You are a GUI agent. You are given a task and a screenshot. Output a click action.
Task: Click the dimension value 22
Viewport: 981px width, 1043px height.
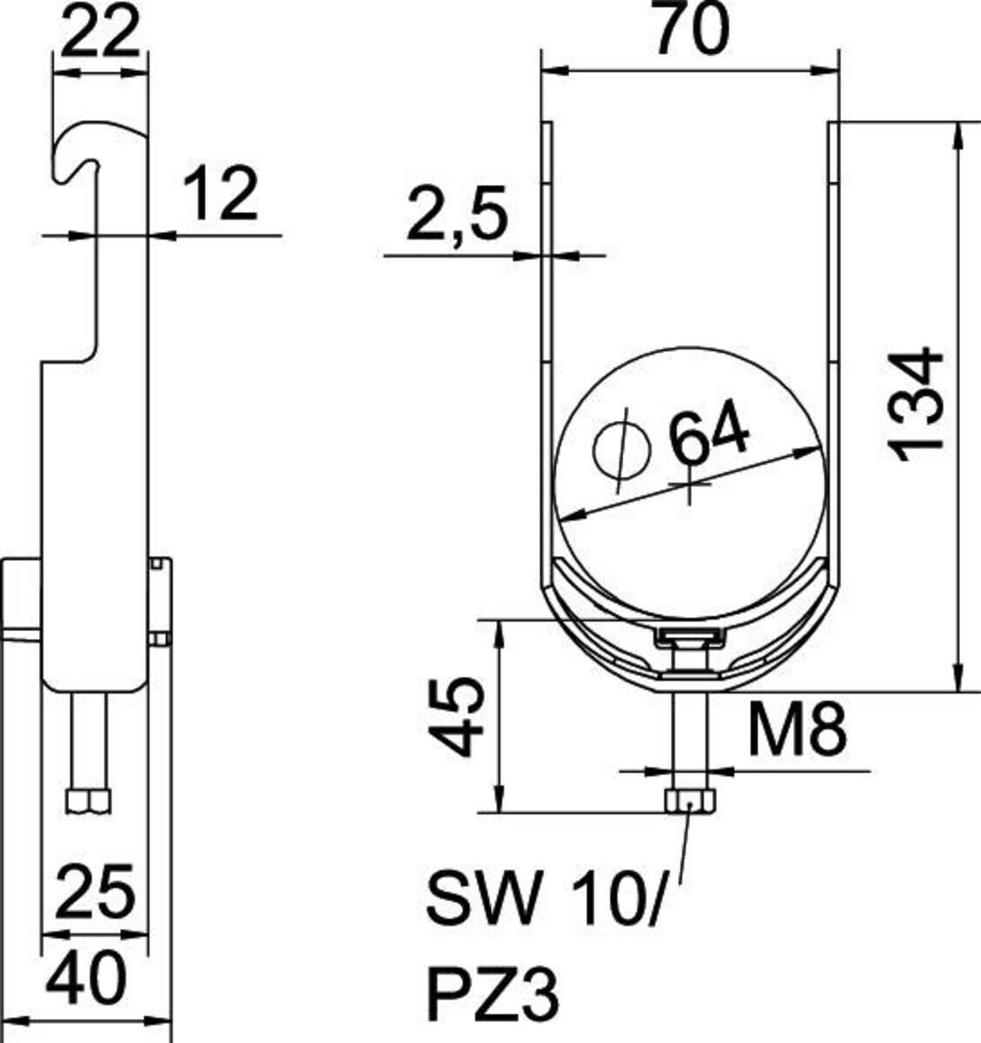tap(101, 33)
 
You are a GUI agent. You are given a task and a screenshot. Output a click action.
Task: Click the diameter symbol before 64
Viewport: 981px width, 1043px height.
tap(622, 449)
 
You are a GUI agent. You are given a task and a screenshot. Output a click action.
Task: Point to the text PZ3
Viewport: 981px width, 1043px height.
tap(492, 993)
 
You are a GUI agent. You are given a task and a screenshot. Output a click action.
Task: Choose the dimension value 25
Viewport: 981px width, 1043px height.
tap(95, 892)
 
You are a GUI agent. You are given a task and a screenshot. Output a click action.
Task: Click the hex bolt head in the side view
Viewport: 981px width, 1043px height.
tap(89, 801)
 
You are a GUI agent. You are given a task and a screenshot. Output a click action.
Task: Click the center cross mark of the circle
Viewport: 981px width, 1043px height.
tap(690, 483)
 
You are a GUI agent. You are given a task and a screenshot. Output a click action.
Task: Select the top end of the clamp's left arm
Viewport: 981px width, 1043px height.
tap(547, 127)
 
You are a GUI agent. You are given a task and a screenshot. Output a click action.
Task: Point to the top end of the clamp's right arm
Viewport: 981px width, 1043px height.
tap(832, 127)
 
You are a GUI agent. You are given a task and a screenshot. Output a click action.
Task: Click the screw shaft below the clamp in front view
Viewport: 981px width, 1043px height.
tap(690, 739)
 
